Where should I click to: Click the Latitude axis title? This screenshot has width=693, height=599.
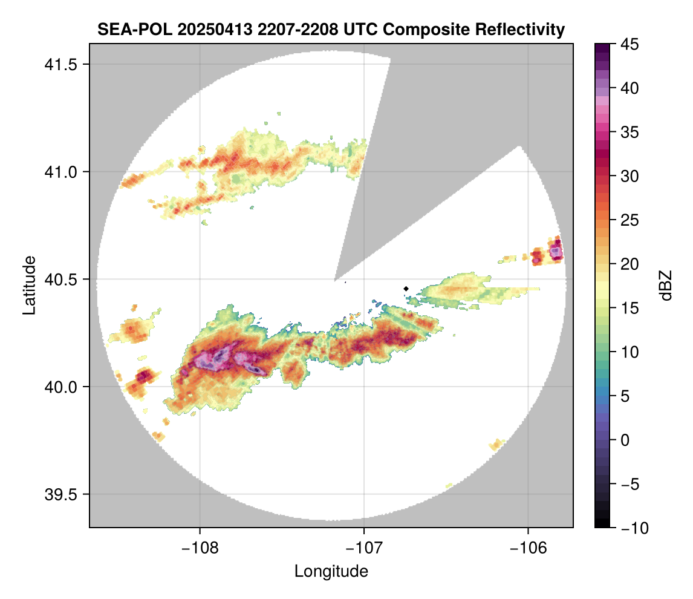[x=29, y=285]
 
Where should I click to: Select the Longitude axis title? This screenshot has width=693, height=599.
[x=331, y=571]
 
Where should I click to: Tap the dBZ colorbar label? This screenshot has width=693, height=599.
[x=666, y=286]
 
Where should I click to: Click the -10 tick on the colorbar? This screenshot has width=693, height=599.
[x=630, y=528]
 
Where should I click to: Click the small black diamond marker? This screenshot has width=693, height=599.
[x=406, y=289]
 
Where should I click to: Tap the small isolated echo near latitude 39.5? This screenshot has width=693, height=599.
[x=449, y=485]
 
